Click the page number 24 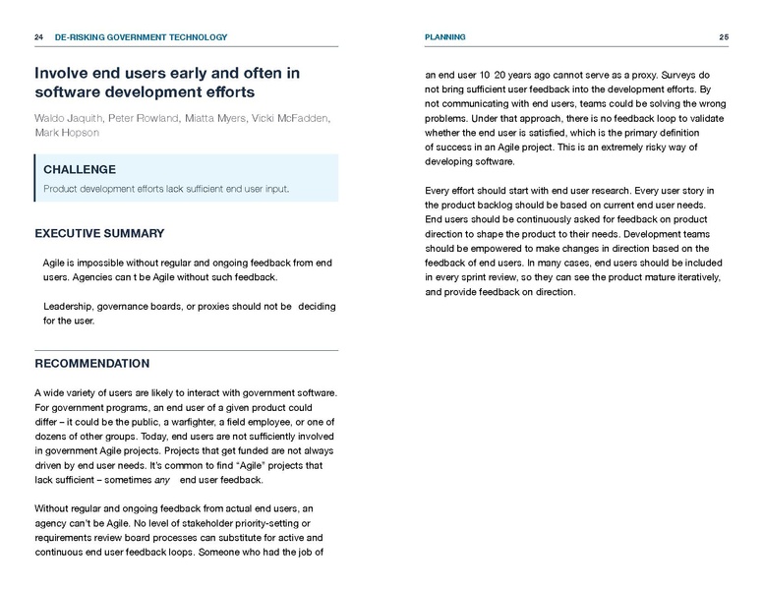38,37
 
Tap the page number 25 724,37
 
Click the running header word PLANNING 445,37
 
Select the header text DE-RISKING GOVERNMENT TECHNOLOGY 142,37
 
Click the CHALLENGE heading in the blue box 80,169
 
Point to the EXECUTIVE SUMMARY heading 99,234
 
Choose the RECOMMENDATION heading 92,364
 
